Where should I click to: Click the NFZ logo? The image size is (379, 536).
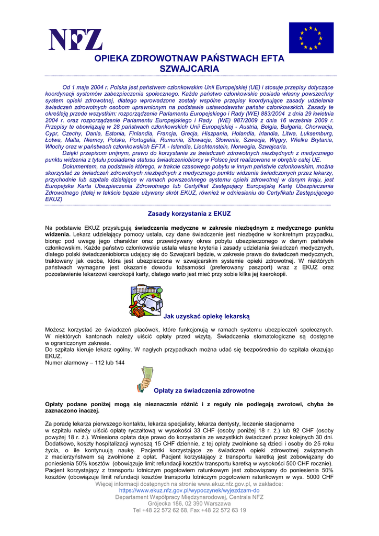[x=75, y=39]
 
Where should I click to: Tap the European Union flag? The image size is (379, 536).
[x=311, y=38]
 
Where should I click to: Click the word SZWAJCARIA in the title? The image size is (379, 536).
[x=189, y=69]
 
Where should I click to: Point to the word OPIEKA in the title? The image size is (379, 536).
[x=113, y=59]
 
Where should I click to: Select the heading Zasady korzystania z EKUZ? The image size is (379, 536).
[x=189, y=214]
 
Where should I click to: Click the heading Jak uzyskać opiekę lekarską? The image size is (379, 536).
[x=207, y=316]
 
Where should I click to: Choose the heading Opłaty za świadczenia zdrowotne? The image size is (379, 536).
[x=204, y=390]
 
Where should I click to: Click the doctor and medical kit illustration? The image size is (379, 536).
[x=145, y=300]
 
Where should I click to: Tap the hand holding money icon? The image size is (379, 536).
[x=145, y=379]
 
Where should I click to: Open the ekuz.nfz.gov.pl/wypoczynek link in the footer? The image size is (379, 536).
[x=189, y=491]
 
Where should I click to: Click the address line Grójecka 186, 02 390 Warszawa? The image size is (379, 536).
[x=189, y=504]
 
